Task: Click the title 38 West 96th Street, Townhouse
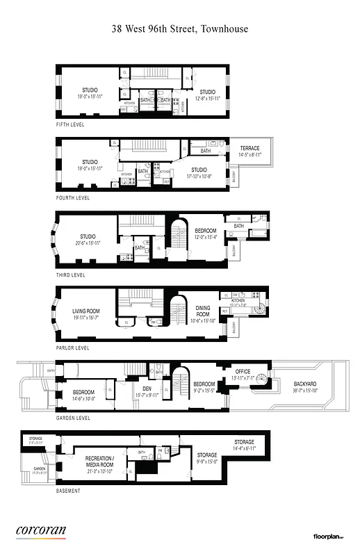180,29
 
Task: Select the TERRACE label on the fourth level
250,148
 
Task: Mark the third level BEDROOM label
205,231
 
